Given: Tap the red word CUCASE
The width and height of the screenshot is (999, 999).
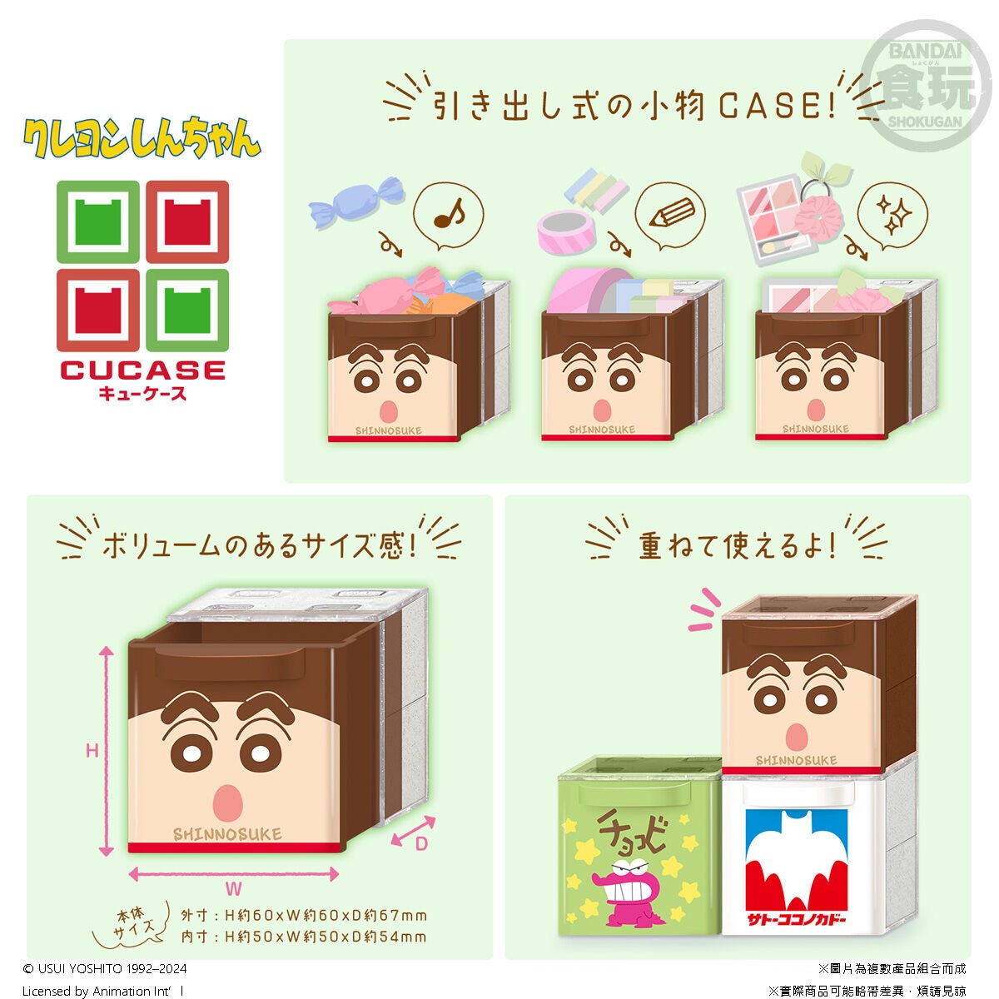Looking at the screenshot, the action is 143,370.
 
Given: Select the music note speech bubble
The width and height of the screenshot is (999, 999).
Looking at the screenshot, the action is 449,215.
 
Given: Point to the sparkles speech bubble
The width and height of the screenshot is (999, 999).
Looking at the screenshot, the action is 892,216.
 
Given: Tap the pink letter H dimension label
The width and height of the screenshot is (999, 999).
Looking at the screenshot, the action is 92,750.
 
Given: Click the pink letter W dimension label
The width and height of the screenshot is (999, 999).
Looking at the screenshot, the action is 233,889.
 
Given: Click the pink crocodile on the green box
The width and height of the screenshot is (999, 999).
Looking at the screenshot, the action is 629,892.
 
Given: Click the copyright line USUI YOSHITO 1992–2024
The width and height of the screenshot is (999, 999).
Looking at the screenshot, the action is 105,968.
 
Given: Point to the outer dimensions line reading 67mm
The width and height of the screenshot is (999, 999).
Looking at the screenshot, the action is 304,916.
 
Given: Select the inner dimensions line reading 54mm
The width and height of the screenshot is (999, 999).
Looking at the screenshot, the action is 304,937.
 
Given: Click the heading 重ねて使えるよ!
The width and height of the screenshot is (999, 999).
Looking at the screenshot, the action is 737,546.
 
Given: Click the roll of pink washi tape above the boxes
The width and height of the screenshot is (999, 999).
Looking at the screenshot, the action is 566,233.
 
